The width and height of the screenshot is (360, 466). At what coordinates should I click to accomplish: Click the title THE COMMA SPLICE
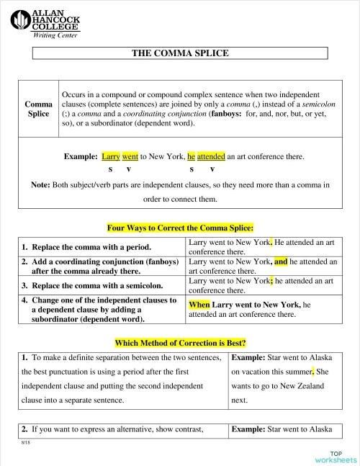180,53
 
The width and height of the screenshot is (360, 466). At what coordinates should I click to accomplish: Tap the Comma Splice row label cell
37,108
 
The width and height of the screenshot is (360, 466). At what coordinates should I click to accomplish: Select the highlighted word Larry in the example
111,156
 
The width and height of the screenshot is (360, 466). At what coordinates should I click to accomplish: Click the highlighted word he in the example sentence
191,156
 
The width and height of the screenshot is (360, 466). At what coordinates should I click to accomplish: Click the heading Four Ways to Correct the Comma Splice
179,228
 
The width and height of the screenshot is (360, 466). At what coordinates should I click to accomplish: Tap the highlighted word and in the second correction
281,262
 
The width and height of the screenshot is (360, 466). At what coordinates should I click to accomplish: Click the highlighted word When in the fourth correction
199,305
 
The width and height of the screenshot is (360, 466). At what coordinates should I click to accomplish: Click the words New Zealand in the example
306,386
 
